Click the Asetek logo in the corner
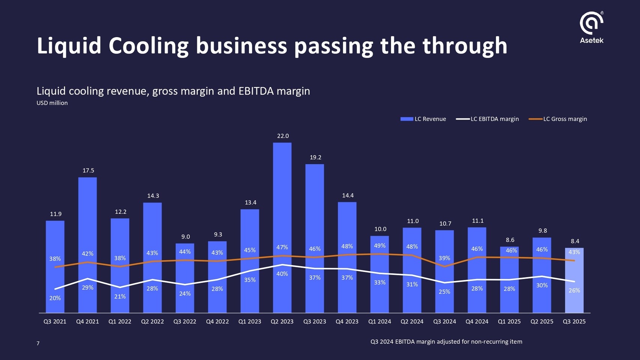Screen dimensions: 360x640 pyautogui.click(x=591, y=27)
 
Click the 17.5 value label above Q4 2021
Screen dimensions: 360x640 pyautogui.click(x=88, y=171)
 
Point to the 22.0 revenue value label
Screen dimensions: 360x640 pyautogui.click(x=283, y=136)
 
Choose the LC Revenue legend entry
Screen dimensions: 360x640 pyautogui.click(x=423, y=119)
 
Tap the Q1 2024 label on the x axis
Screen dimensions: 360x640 pyautogui.click(x=379, y=322)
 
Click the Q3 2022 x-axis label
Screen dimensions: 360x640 pyautogui.click(x=184, y=322)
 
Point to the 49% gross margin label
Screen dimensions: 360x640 pyautogui.click(x=379, y=246)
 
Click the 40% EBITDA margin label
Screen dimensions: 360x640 pyautogui.click(x=282, y=274)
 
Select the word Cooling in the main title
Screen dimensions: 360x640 pyautogui.click(x=148, y=46)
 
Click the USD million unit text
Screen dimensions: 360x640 pyautogui.click(x=52, y=103)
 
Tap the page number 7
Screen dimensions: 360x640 pyautogui.click(x=38, y=343)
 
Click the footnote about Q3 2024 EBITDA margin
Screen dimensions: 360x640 pyautogui.click(x=446, y=342)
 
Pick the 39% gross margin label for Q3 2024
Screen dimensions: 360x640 pyautogui.click(x=444, y=258)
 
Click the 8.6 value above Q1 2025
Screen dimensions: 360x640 pyautogui.click(x=510, y=240)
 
